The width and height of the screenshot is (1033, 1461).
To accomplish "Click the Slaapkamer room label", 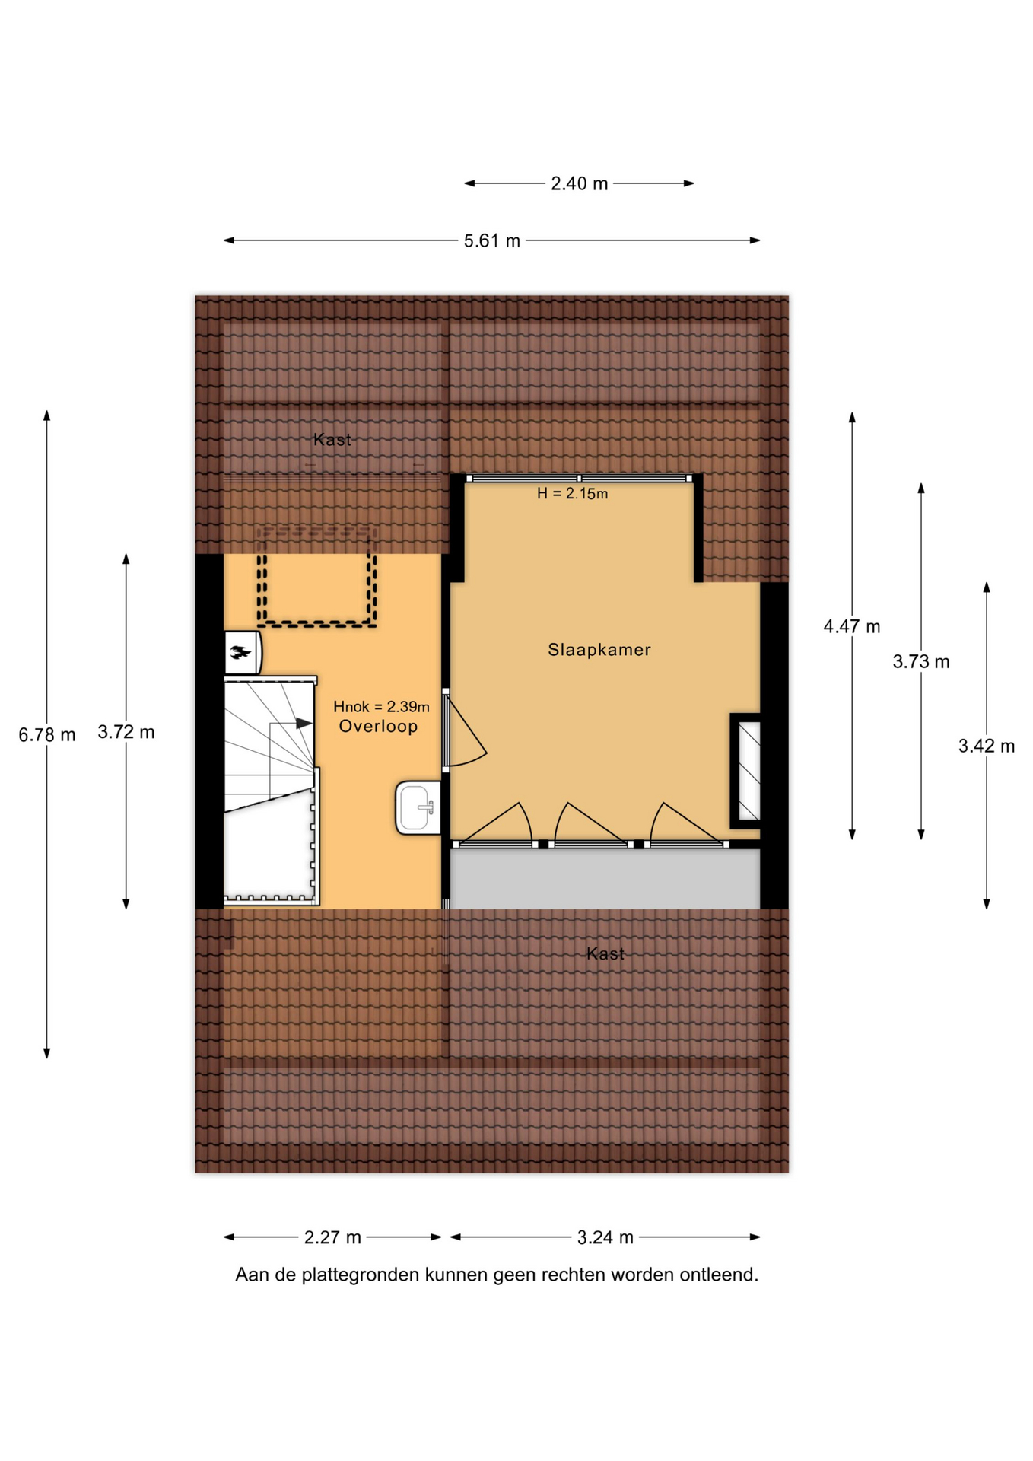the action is tap(599, 650).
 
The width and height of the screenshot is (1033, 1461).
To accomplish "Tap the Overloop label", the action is tap(378, 727).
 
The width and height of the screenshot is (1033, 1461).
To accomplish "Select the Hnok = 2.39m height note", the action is tap(381, 707).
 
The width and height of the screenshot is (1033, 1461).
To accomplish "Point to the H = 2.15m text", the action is tap(572, 494).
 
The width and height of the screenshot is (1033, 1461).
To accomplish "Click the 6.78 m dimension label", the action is tap(47, 735).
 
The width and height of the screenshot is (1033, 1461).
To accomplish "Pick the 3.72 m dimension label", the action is tap(126, 732).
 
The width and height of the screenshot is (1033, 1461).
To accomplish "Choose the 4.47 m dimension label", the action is tap(852, 627).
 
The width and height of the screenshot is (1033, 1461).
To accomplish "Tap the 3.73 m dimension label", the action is tap(921, 662).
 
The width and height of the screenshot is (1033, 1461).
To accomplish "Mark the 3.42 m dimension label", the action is tap(987, 746).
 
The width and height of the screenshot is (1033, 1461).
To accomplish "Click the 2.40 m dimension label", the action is tap(580, 184).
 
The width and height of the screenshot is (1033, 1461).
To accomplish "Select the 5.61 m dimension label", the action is tap(492, 241).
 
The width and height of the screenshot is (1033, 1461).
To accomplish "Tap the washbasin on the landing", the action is tap(418, 808).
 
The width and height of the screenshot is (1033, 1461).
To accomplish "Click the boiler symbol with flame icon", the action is tap(243, 653).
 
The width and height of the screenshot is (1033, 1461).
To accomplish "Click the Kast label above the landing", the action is tap(332, 440).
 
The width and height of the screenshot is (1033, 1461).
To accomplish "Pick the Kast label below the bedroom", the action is tap(605, 954).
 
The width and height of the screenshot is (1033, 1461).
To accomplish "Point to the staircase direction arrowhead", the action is tap(304, 723).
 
